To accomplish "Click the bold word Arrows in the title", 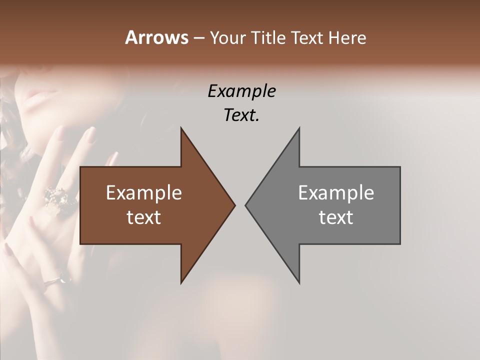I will (x=156, y=37).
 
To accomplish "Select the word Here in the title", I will (x=348, y=37).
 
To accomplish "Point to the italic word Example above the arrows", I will (x=242, y=91).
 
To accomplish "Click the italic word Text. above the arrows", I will (x=242, y=115).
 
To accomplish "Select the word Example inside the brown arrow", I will (x=144, y=192).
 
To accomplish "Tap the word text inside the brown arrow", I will (x=144, y=217).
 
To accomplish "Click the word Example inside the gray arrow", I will (x=336, y=192).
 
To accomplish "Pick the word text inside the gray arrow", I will (x=336, y=217).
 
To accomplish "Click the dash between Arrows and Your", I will (x=198, y=38).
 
